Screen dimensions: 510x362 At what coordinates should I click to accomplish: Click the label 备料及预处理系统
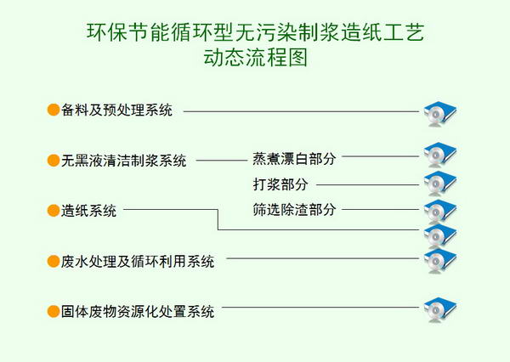(116, 110)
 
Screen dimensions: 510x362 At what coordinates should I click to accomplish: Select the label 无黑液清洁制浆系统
(123, 161)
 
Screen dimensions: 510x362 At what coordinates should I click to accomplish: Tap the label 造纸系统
(88, 211)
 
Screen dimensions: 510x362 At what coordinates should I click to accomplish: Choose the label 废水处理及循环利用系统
(138, 261)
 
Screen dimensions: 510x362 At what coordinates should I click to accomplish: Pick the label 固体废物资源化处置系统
(138, 311)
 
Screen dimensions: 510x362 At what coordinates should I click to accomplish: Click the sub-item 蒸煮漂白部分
(294, 158)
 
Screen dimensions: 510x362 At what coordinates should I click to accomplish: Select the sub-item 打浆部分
(280, 184)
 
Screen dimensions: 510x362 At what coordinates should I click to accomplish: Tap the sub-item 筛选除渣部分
(294, 209)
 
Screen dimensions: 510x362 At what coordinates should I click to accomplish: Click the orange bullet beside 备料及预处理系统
(54, 110)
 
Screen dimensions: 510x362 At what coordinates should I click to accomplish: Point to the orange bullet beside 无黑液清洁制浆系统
(54, 160)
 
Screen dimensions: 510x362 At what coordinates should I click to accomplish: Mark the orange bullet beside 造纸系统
(54, 211)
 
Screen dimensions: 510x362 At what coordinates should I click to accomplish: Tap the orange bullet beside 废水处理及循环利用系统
(54, 261)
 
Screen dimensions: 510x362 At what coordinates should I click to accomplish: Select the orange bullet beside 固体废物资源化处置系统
(54, 311)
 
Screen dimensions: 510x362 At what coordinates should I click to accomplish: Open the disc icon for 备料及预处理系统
(440, 114)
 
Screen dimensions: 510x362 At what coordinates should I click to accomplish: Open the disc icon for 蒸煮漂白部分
(440, 155)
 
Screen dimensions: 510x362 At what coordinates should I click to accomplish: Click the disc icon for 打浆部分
(440, 183)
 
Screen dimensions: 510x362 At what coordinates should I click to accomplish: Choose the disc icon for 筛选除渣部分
(440, 211)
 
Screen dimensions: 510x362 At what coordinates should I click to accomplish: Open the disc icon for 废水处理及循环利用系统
(440, 261)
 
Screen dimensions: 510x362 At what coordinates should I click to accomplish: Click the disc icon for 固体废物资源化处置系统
(440, 309)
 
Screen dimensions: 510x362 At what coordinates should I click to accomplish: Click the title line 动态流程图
(256, 58)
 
